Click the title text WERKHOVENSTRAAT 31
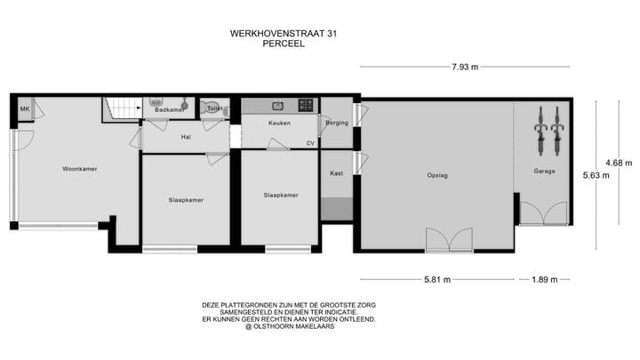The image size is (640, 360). click(284, 33)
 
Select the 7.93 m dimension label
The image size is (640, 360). click(464, 67)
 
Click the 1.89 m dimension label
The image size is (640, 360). click(544, 280)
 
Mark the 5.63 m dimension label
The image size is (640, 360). click(595, 175)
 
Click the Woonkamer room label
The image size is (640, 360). click(79, 168)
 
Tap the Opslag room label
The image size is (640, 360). click(436, 175)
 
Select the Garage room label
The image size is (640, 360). click(544, 171)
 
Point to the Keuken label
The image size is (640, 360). click(280, 122)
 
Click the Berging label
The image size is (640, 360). click(336, 122)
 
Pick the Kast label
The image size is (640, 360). click(336, 173)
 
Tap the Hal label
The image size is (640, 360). click(186, 137)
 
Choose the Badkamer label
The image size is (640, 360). click(169, 109)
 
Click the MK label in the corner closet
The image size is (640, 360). click(25, 109)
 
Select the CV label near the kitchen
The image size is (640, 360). click(310, 142)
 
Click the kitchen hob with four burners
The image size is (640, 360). click(305, 105)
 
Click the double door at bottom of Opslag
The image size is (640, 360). click(450, 240)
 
